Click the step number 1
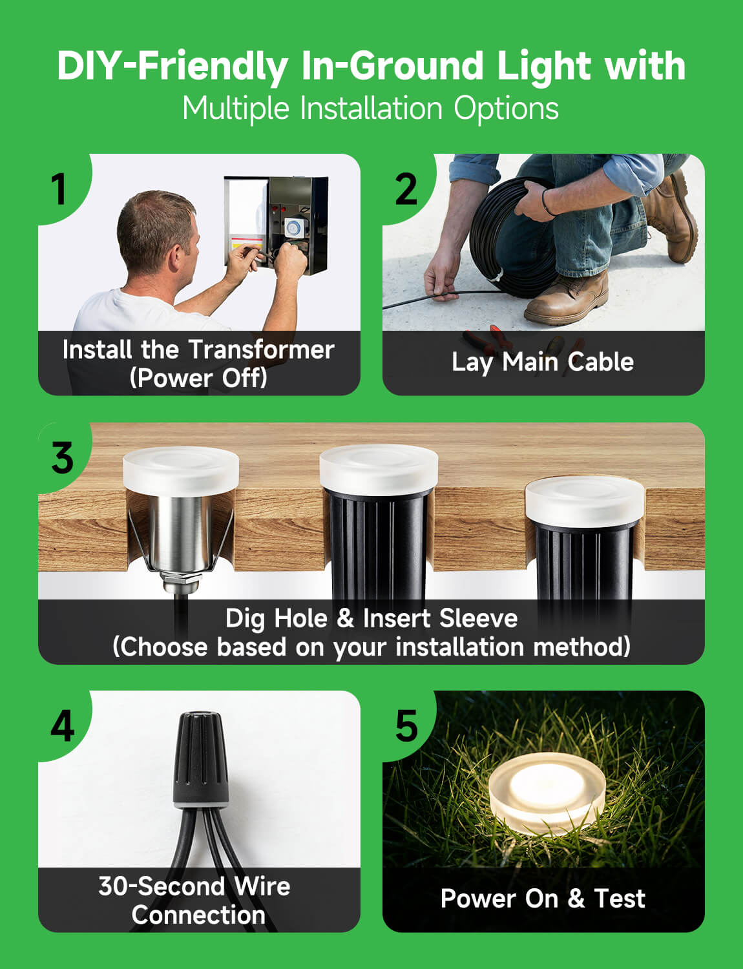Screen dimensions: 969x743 pyautogui.click(x=59, y=189)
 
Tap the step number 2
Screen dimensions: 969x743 pyautogui.click(x=406, y=189)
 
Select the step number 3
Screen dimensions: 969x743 pyautogui.click(x=63, y=458)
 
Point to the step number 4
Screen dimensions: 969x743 pyautogui.click(x=63, y=726)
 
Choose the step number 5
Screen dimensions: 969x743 pyautogui.click(x=407, y=726)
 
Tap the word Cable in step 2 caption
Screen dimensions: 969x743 pyautogui.click(x=600, y=362)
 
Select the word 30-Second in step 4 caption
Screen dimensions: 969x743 pyautogui.click(x=162, y=886)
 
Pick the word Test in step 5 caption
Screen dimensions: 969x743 pyautogui.click(x=619, y=899)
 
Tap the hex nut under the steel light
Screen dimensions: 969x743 pyautogui.click(x=181, y=579)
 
